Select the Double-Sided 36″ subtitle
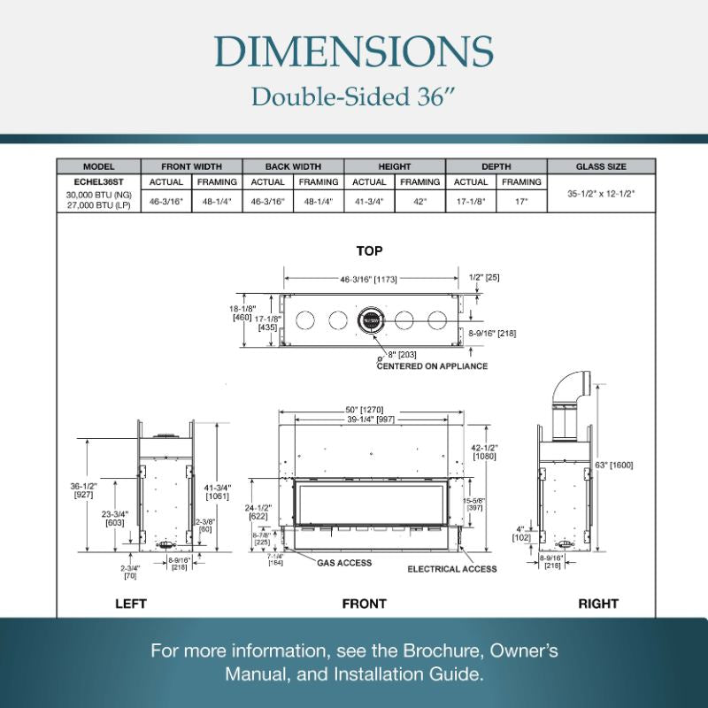pyautogui.click(x=354, y=96)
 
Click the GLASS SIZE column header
pyautogui.click(x=601, y=166)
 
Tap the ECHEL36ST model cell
pyautogui.click(x=99, y=182)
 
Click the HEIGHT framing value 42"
pyautogui.click(x=419, y=202)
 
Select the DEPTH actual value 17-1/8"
pyautogui.click(x=471, y=202)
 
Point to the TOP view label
pyautogui.click(x=369, y=251)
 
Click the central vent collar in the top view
pyautogui.click(x=370, y=319)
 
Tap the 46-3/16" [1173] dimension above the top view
pyautogui.click(x=370, y=279)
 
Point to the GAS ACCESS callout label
pyautogui.click(x=344, y=563)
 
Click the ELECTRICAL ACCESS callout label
pyautogui.click(x=452, y=569)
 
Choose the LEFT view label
pyautogui.click(x=131, y=604)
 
